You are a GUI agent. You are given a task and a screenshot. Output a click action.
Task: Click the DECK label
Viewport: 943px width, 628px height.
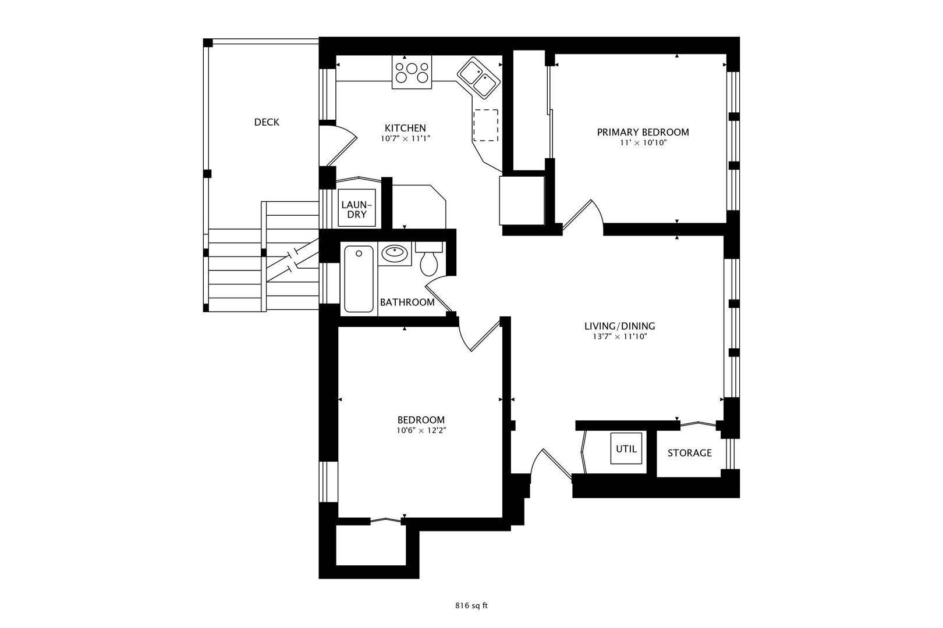click(267, 122)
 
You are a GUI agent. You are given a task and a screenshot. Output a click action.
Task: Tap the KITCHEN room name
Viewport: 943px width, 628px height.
click(405, 128)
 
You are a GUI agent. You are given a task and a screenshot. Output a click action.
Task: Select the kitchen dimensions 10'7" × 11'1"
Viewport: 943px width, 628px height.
click(405, 139)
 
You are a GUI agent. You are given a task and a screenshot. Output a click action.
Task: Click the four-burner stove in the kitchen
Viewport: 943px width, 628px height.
click(412, 72)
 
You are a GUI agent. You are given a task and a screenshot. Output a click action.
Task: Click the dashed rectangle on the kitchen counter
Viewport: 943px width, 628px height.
click(486, 125)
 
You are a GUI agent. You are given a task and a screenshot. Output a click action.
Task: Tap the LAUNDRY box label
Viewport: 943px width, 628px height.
click(356, 209)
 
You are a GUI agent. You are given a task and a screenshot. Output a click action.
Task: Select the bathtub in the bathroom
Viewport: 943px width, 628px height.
click(359, 279)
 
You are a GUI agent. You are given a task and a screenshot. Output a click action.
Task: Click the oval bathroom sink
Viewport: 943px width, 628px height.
click(395, 253)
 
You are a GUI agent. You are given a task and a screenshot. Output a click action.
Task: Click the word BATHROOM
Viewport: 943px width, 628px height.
click(407, 302)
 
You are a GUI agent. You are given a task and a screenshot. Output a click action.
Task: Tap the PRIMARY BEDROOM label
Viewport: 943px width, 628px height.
click(643, 132)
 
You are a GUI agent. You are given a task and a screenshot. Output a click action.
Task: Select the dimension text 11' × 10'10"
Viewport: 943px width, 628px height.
click(643, 142)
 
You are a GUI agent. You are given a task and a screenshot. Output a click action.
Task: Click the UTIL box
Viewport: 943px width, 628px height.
click(626, 448)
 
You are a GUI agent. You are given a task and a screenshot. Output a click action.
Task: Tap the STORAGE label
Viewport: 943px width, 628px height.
click(689, 453)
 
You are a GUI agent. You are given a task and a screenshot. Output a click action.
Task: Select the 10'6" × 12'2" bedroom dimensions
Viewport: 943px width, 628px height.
click(421, 431)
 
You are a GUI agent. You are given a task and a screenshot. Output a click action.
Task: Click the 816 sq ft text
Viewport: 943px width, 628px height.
click(471, 605)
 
